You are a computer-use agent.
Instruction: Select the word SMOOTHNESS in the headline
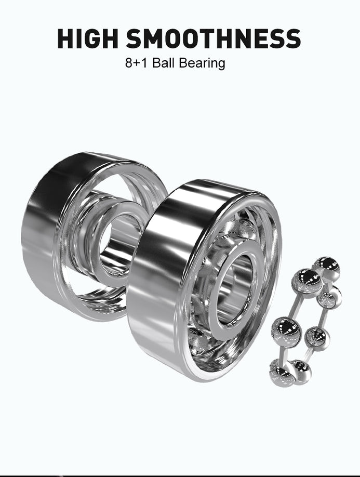[x=214, y=38]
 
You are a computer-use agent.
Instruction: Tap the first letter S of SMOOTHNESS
[x=134, y=38]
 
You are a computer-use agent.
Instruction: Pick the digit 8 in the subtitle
[x=129, y=63]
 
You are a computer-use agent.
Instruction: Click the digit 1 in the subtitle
[x=144, y=63]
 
